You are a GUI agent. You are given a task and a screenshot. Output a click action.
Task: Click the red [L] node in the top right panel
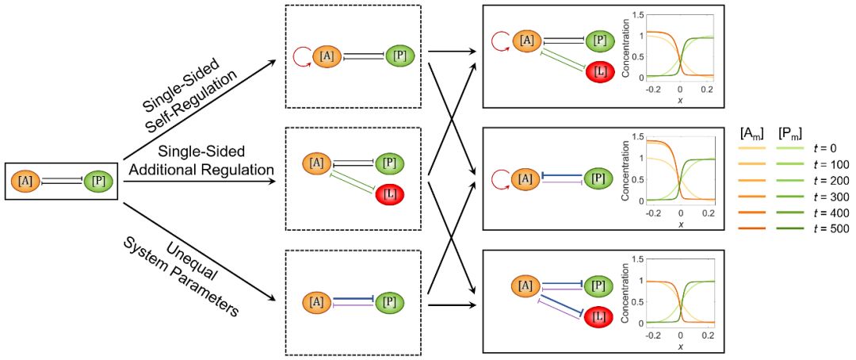tap(601, 71)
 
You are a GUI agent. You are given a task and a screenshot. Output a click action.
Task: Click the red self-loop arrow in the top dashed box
tap(302, 56)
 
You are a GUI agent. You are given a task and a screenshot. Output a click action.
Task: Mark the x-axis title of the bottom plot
tap(680, 347)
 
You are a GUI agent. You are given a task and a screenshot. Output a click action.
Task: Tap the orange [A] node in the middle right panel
tap(525, 178)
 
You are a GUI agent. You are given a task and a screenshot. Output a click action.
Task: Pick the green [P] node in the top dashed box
tap(400, 56)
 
